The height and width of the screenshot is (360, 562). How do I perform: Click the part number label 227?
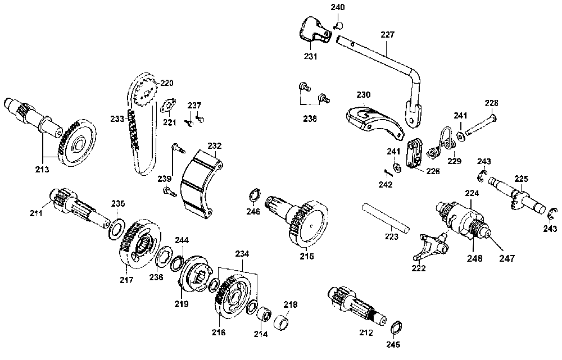click(387, 35)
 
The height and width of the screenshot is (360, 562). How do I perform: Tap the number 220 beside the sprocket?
click(167, 83)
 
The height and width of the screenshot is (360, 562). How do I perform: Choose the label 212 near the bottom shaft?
click(366, 332)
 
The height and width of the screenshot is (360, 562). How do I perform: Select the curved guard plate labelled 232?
click(200, 180)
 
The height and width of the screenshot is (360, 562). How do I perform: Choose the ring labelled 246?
click(254, 196)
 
